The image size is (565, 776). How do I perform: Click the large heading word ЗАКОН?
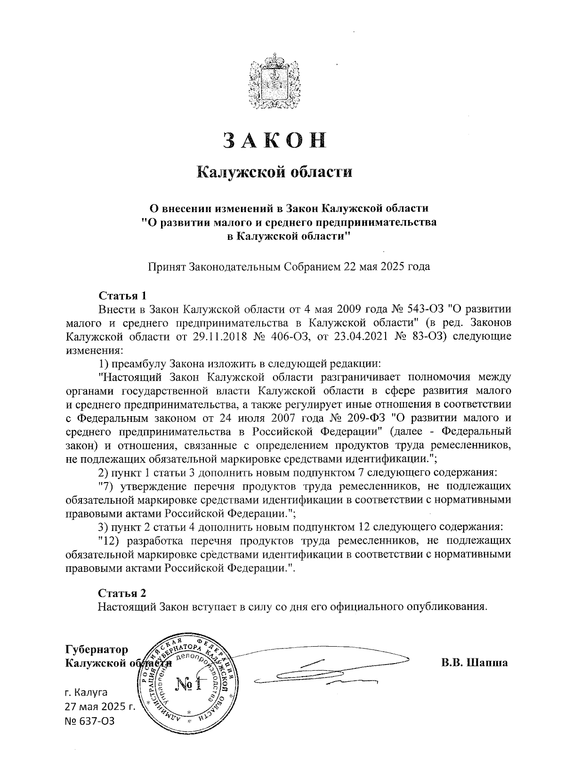(274, 140)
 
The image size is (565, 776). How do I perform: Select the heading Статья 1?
(122, 296)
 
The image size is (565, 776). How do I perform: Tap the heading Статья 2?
(122, 593)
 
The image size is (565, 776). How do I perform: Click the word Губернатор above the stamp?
(97, 650)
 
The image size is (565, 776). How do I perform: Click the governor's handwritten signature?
(320, 673)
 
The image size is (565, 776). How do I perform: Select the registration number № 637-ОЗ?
(89, 721)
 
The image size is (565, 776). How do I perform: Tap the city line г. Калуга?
(86, 692)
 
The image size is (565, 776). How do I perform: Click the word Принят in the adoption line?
(167, 267)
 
